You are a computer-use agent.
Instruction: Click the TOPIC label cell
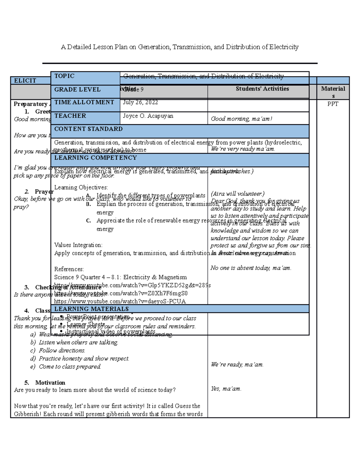pyautogui.click(x=64, y=76)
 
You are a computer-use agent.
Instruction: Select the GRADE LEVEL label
pyautogui.click(x=77, y=89)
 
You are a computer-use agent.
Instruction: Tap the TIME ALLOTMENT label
pyautogui.click(x=84, y=102)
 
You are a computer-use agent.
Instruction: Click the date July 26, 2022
pyautogui.click(x=140, y=102)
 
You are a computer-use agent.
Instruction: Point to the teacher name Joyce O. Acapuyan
pyautogui.click(x=148, y=116)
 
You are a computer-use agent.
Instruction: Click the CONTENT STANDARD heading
pyautogui.click(x=88, y=129)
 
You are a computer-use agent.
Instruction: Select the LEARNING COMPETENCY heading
pyautogui.click(x=95, y=158)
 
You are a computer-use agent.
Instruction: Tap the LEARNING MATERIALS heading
pyautogui.click(x=91, y=309)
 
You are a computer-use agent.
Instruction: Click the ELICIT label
pyautogui.click(x=25, y=80)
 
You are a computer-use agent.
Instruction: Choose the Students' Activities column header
pyautogui.click(x=262, y=89)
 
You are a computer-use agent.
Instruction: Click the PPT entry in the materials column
pyautogui.click(x=333, y=104)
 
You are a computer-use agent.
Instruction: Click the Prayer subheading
pyautogui.click(x=44, y=191)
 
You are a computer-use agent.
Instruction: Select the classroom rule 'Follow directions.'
pyautogui.click(x=62, y=350)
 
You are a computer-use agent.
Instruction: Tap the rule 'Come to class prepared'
pyautogui.click(x=70, y=367)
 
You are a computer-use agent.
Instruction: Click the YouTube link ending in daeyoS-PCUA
pyautogui.click(x=120, y=301)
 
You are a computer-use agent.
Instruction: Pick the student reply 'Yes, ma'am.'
pyautogui.click(x=226, y=389)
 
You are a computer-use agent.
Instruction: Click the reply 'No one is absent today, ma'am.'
pyautogui.click(x=251, y=268)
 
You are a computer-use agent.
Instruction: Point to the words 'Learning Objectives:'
pyautogui.click(x=81, y=188)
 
